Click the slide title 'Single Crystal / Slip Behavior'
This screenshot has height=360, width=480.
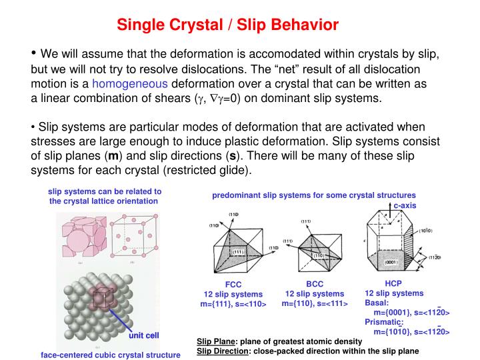tap(228, 25)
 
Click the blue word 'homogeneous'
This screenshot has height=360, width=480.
tap(130, 85)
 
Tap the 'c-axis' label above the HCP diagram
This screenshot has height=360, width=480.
tap(404, 205)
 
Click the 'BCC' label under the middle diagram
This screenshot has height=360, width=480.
tap(314, 284)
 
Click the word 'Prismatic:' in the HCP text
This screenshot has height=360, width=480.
tap(384, 322)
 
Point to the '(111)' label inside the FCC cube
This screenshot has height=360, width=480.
tap(237, 251)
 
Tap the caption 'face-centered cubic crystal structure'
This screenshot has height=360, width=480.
tap(111, 355)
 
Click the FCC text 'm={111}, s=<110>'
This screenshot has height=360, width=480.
tap(233, 304)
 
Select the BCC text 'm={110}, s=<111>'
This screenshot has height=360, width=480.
tap(315, 303)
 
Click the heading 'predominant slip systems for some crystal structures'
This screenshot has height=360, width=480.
tap(313, 195)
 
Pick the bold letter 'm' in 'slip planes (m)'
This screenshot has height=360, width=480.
tap(95, 157)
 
